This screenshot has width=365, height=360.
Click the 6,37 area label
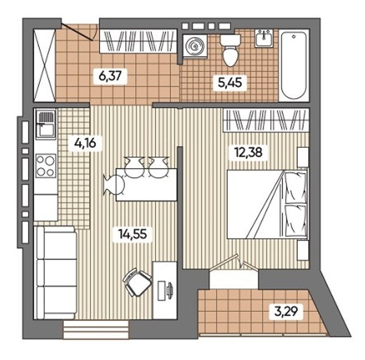[110, 76]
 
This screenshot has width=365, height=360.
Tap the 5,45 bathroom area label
[230, 83]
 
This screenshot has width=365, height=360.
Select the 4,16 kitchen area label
[85, 143]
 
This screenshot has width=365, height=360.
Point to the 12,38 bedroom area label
[248, 152]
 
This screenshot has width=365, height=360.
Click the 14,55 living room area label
[132, 234]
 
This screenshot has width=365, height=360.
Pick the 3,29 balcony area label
[286, 311]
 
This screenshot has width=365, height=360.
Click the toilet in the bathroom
[230, 50]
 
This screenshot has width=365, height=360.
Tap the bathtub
[294, 65]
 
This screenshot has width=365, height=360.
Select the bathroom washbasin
[264, 38]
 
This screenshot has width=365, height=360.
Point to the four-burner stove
[46, 166]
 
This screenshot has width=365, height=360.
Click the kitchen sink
[46, 125]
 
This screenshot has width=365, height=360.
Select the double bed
[267, 204]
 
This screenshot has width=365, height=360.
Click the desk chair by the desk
[137, 282]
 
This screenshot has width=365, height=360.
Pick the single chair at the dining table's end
[114, 185]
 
